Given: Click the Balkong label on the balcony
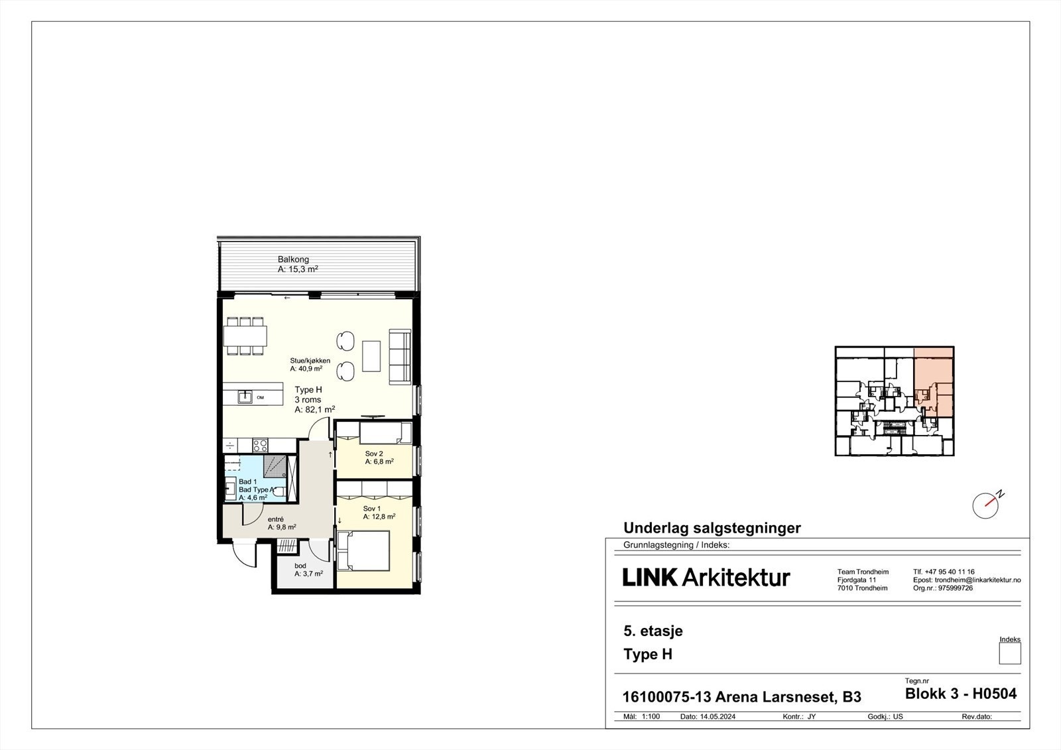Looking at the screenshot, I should pos(293,259).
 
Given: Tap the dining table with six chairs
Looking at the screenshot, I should pos(245,336).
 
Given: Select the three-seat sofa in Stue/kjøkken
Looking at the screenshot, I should pos(400,356).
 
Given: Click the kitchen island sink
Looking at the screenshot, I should pos(245,397).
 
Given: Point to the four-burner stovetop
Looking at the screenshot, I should pos(260,445).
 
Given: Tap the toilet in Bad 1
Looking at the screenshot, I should pos(279,492).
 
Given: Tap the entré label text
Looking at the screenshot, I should pos(276,519).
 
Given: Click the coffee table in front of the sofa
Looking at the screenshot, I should pos(371,356).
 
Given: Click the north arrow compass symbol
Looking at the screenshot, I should pos(986,505).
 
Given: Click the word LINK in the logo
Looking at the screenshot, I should pos(650,578).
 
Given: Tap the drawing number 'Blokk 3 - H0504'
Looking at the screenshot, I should pos(960,694).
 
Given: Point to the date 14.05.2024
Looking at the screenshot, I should pos(718,717).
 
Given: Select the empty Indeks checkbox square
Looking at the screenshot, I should pos(1010,654).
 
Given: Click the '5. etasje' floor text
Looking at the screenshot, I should pos(653,631).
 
